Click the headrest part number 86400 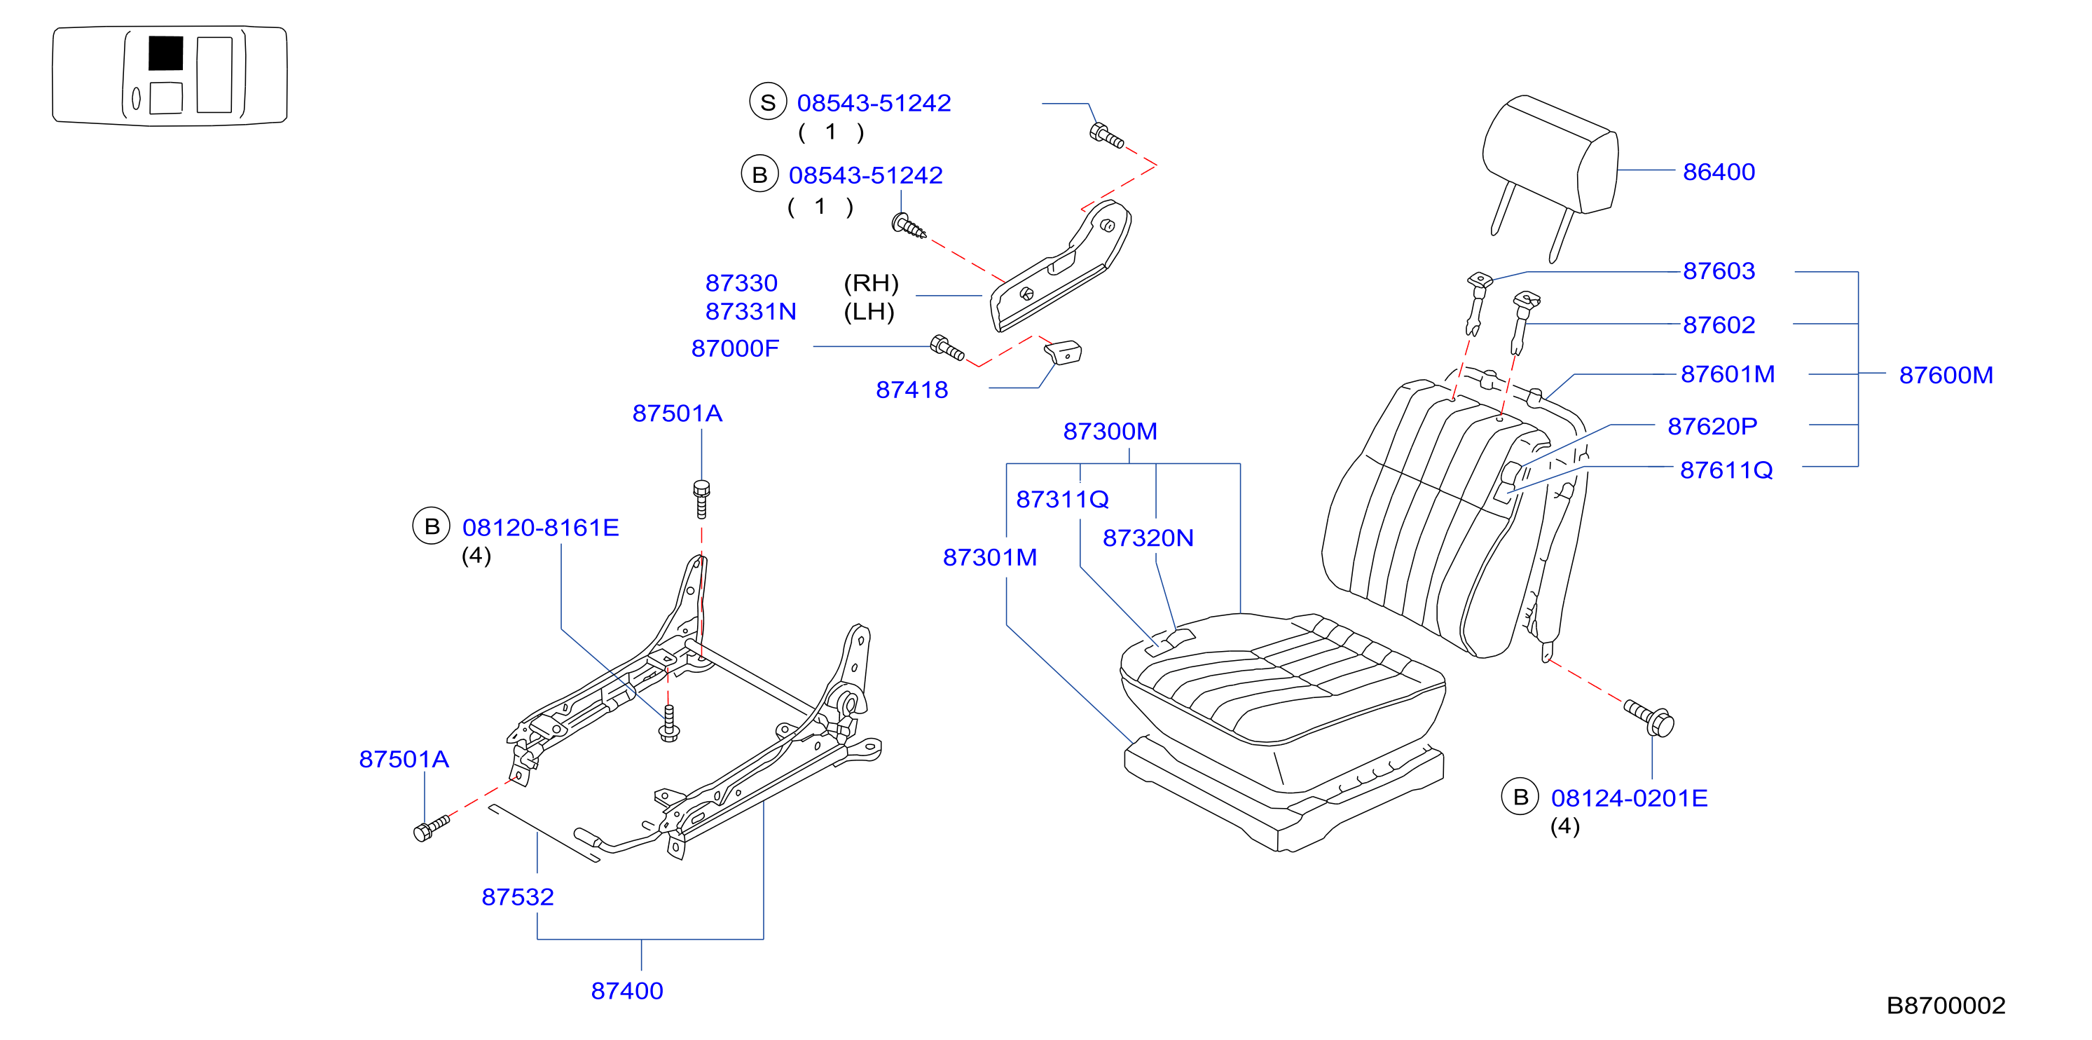1719,172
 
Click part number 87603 1719,271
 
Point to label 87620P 1712,427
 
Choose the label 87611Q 1726,470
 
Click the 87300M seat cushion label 1110,432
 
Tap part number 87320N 1148,538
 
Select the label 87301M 989,557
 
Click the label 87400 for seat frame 627,990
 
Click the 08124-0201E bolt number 1629,798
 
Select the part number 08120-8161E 540,527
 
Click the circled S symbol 767,102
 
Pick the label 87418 911,390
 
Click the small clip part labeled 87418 1062,353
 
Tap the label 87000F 734,348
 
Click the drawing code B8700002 1946,1006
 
